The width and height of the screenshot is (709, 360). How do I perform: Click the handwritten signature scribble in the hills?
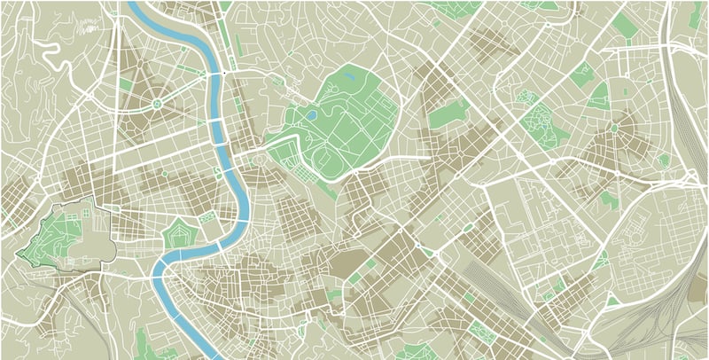[84, 27]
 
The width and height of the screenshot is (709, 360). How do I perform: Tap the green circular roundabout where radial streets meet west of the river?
[157, 105]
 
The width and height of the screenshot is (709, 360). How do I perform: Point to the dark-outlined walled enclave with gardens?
[66, 232]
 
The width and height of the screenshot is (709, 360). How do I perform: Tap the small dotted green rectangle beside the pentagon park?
[207, 216]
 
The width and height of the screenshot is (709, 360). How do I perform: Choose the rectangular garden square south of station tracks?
[483, 332]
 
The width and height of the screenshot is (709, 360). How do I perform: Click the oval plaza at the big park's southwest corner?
[260, 160]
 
